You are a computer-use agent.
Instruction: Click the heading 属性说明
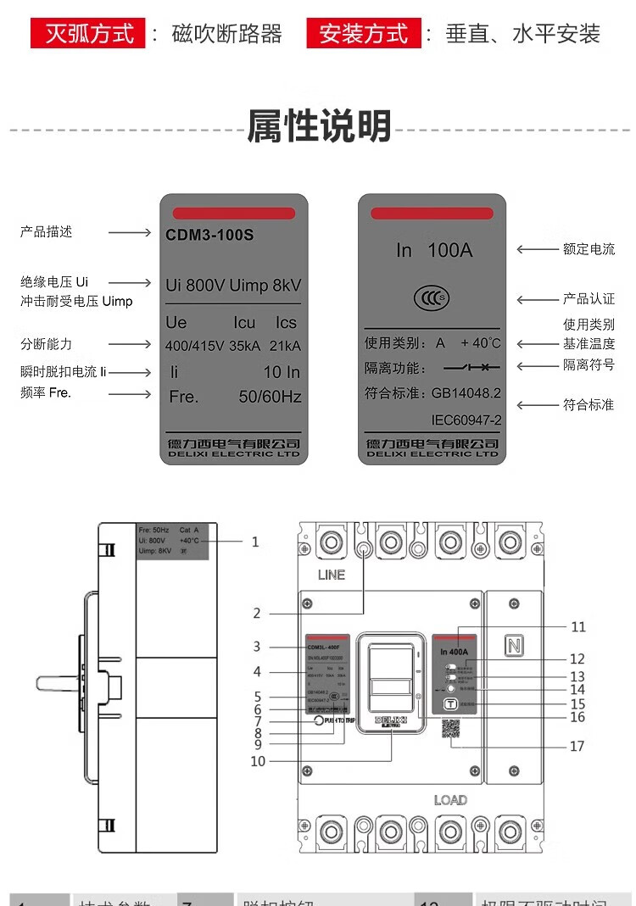tap(319, 127)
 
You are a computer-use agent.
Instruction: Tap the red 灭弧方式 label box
tap(88, 34)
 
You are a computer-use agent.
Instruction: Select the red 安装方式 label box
tap(363, 34)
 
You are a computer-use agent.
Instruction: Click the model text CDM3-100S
tap(209, 236)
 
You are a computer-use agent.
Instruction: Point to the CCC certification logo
tap(432, 298)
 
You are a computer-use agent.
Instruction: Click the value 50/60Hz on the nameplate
tap(270, 397)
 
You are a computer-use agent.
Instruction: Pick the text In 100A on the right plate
tap(433, 250)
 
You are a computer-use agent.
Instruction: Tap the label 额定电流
tap(589, 249)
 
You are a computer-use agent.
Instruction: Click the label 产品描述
tap(47, 231)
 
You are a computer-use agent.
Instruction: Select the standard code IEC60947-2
tap(466, 420)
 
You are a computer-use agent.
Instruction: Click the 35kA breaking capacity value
tap(244, 346)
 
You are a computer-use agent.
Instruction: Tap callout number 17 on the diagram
tap(577, 746)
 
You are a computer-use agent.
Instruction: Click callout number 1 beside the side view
tap(255, 542)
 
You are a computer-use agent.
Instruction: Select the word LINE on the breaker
tap(332, 575)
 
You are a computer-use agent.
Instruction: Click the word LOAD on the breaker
tap(450, 800)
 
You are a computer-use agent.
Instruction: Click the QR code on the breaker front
tap(451, 729)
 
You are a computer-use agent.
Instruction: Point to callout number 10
tap(258, 761)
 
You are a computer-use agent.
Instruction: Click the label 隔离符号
tap(589, 365)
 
